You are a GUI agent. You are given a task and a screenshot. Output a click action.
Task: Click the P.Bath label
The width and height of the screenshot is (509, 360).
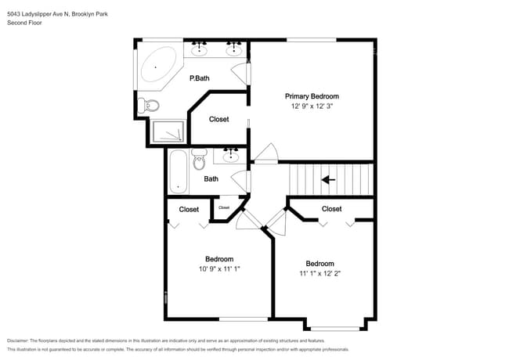coord(200,78)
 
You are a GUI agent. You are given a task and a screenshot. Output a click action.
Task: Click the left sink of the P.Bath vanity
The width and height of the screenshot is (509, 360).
coord(200,50)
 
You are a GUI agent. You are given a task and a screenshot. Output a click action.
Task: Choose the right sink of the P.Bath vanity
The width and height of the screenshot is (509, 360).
coord(233,50)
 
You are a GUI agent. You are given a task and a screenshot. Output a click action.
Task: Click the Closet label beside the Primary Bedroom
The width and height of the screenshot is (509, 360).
coord(219,119)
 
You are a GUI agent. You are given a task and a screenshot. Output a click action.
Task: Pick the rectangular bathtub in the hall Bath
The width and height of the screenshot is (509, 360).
coord(178,171)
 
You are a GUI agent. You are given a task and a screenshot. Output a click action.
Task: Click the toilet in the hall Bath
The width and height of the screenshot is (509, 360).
coord(199,160)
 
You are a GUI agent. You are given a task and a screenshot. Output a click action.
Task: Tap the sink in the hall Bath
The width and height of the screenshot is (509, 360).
coord(230,156)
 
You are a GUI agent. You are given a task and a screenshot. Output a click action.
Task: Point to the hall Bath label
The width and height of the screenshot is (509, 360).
coord(211,178)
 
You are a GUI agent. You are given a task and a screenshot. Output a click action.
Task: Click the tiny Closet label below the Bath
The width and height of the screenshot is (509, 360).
coord(224,207)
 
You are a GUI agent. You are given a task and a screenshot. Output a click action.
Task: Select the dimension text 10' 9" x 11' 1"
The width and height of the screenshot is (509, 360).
coord(219,269)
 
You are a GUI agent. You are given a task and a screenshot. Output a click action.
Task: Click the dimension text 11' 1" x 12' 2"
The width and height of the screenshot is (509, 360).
coord(319,274)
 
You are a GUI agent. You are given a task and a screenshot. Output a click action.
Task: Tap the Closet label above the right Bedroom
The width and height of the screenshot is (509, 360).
coord(331,209)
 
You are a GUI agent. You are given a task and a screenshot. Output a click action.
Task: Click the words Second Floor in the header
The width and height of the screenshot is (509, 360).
coord(23,23)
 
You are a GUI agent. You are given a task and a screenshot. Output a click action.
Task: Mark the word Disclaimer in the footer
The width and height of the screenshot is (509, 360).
coord(21,340)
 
